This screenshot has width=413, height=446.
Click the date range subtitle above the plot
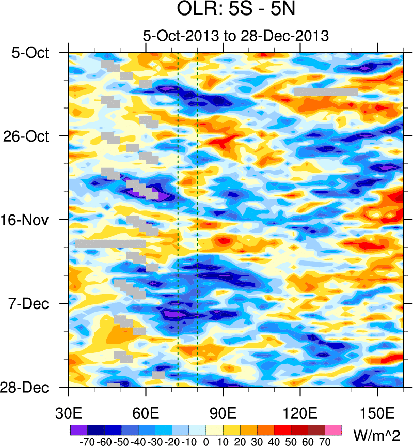pyautogui.click(x=235, y=36)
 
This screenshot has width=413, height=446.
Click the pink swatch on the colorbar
pyautogui.click(x=333, y=429)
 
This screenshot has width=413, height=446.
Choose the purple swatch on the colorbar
pyautogui.click(x=78, y=429)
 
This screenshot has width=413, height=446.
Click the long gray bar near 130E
pyautogui.click(x=326, y=91)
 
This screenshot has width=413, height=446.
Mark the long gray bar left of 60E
pyautogui.click(x=110, y=243)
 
